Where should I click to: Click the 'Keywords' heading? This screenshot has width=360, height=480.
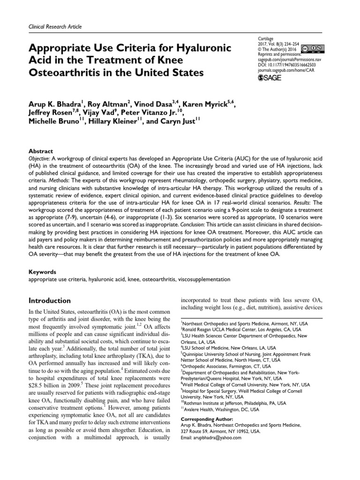[43, 271]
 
